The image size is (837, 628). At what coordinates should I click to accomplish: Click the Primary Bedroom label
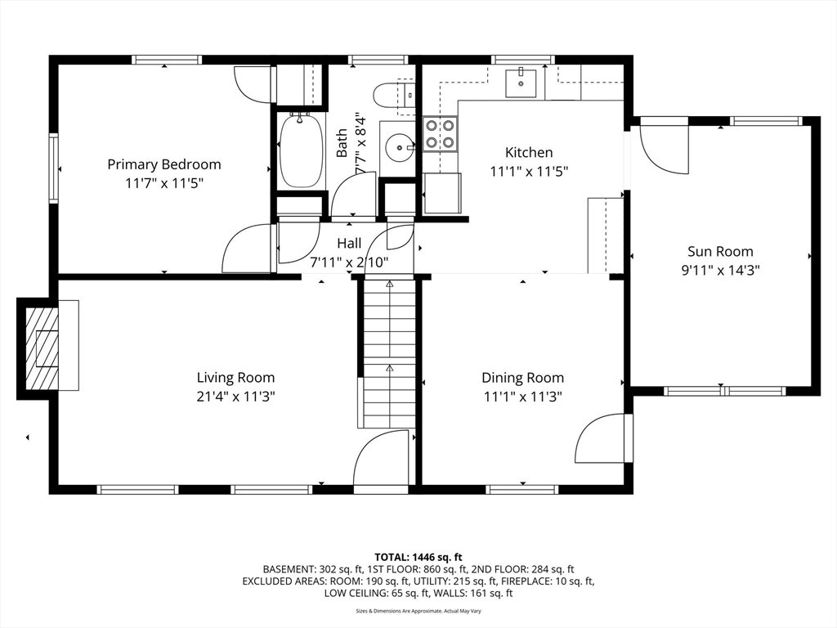[x=163, y=164]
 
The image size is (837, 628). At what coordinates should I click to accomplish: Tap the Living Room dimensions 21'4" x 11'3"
[x=235, y=397]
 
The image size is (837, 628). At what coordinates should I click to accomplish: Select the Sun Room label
[x=720, y=251]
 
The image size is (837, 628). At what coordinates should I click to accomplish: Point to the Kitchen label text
[x=529, y=152]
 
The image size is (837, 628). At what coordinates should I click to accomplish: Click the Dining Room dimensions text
[x=522, y=397]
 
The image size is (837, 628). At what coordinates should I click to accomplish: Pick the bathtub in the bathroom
[x=302, y=150]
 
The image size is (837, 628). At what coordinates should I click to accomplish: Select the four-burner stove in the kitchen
[x=441, y=134]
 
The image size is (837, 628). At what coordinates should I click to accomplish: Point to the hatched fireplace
[x=42, y=348]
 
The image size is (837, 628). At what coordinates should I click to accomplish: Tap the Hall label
[x=348, y=244]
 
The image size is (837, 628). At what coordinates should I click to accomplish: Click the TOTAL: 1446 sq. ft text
[x=418, y=558]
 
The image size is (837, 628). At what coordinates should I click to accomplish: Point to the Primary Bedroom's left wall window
[x=53, y=168]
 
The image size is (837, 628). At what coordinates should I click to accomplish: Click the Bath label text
[x=342, y=143]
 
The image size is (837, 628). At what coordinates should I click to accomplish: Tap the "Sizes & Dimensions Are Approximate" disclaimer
[x=418, y=611]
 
